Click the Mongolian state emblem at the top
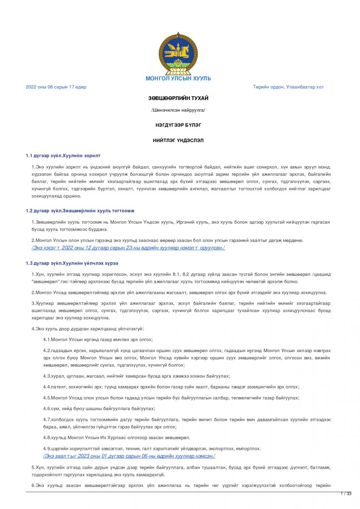pyautogui.click(x=178, y=53)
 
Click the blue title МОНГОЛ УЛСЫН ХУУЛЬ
pyautogui.click(x=178, y=78)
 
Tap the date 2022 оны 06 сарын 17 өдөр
pyautogui.click(x=56, y=87)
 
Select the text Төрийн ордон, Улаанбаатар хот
pyautogui.click(x=288, y=87)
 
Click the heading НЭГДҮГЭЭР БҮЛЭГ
pyautogui.click(x=178, y=125)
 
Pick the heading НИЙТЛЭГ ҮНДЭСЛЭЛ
pyautogui.click(x=178, y=140)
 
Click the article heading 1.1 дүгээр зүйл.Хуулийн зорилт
pyautogui.click(x=63, y=156)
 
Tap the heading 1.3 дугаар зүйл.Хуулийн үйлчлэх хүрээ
pyautogui.click(x=72, y=263)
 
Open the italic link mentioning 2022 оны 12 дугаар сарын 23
pyautogui.click(x=128, y=248)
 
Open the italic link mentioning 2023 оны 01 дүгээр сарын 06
pyautogui.click(x=129, y=456)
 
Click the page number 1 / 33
pyautogui.click(x=346, y=494)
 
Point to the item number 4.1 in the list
pyautogui.click(x=47, y=340)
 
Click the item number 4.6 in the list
pyautogui.click(x=47, y=408)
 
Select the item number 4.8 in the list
pyautogui.click(x=47, y=437)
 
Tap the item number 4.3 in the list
pyautogui.click(x=47, y=376)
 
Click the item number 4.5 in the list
pyautogui.click(x=47, y=398)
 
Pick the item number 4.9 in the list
pyautogui.click(x=47, y=449)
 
